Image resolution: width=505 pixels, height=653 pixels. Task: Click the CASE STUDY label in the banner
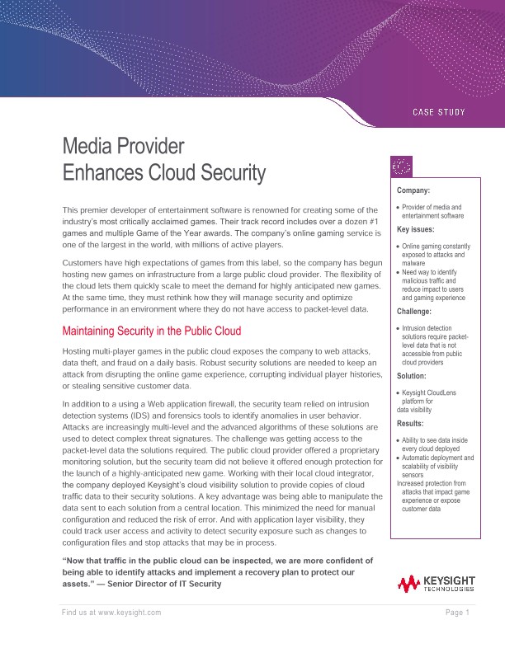click(x=438, y=111)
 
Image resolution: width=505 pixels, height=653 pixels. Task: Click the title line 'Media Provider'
click(x=123, y=147)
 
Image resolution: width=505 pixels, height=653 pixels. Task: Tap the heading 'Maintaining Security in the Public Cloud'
click(x=152, y=331)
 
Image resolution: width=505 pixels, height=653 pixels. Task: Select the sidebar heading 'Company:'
click(x=413, y=190)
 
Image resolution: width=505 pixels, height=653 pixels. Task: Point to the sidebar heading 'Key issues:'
click(x=417, y=229)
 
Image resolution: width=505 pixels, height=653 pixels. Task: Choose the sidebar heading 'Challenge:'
click(x=414, y=312)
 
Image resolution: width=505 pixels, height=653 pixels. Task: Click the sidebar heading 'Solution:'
click(x=412, y=375)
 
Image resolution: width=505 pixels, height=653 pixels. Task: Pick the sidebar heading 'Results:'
click(x=412, y=424)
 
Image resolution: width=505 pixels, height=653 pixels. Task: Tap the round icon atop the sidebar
click(x=401, y=167)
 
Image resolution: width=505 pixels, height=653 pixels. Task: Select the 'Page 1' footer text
click(x=456, y=613)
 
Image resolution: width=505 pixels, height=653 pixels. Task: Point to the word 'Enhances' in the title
click(x=100, y=173)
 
